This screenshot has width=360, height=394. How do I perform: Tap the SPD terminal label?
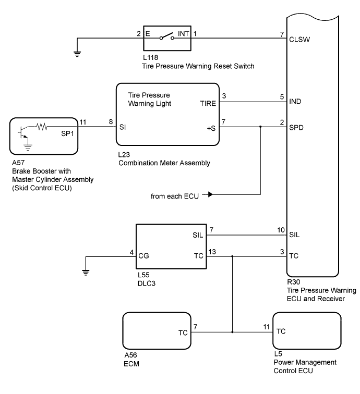click(x=297, y=126)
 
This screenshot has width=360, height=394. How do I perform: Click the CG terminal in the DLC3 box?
click(x=144, y=256)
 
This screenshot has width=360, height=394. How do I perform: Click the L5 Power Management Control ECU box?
click(x=307, y=331)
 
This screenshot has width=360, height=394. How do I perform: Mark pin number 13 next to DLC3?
click(x=211, y=251)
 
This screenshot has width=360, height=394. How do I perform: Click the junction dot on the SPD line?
click(x=260, y=126)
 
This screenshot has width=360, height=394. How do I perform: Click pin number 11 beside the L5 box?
click(x=267, y=326)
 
